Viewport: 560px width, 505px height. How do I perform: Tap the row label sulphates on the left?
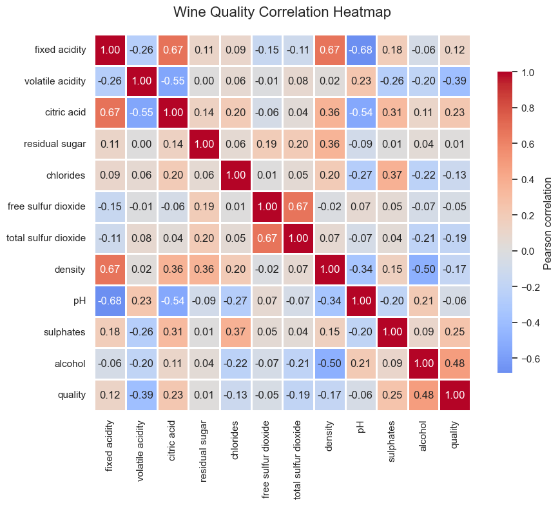(x=64, y=332)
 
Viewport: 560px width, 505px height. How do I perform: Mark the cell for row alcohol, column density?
(x=329, y=363)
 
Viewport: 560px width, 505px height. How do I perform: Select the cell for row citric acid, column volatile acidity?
(x=142, y=112)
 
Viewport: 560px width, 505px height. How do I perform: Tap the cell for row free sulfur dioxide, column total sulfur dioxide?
(x=298, y=206)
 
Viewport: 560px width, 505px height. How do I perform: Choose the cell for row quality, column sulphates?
(x=392, y=395)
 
